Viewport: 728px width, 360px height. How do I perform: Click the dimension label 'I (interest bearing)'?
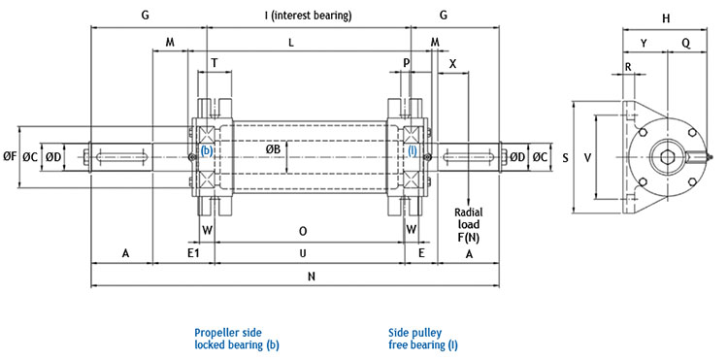[308, 16]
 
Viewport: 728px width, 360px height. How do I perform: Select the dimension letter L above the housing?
[291, 43]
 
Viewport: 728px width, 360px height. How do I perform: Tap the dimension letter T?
[214, 63]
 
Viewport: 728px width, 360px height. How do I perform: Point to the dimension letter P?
[407, 63]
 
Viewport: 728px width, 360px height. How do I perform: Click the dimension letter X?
[452, 63]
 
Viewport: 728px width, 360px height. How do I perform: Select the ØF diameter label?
[10, 157]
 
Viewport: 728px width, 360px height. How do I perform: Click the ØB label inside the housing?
[273, 149]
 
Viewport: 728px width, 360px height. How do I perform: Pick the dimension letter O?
[303, 231]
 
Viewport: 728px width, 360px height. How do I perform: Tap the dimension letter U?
[303, 253]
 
